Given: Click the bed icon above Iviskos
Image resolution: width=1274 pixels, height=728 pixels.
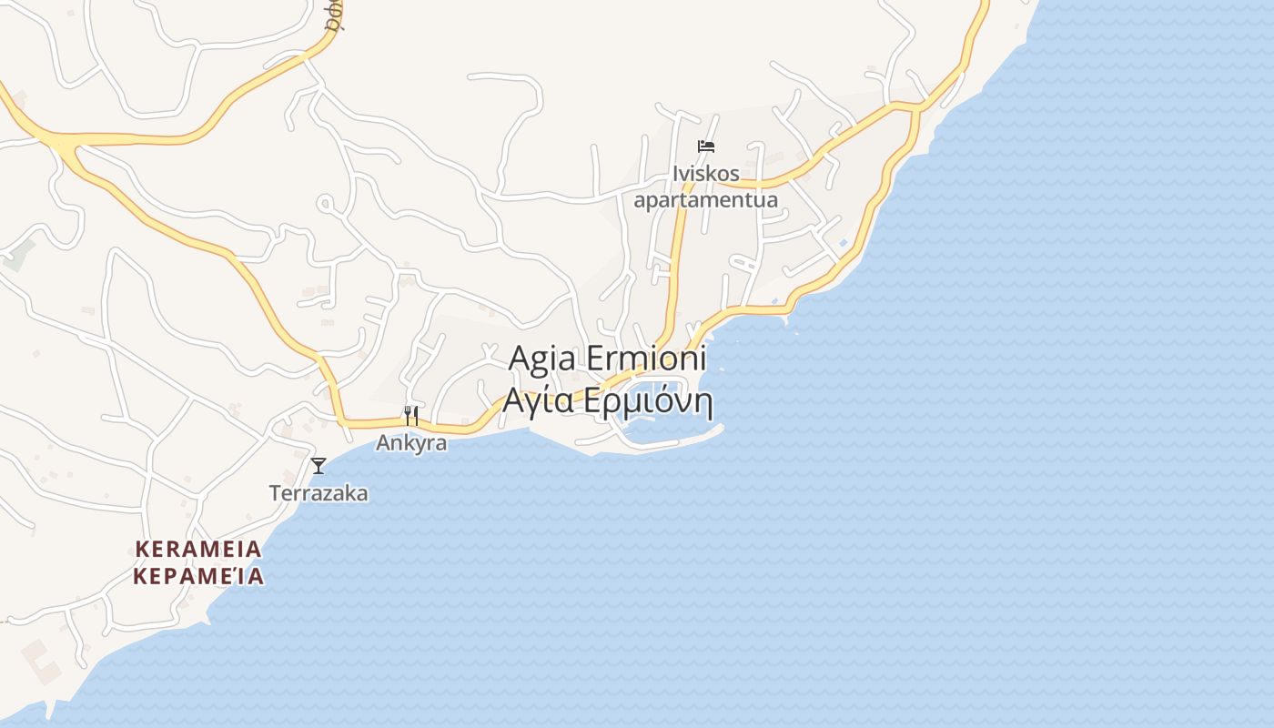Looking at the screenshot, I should [x=706, y=146].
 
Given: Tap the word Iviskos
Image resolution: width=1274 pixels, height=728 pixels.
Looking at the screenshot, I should [x=706, y=173].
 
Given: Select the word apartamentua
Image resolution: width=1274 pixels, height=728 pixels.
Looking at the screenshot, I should [x=706, y=199].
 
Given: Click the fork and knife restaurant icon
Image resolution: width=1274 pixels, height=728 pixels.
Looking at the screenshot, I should [x=411, y=416].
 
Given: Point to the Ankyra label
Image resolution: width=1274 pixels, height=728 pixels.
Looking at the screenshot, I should [x=411, y=443].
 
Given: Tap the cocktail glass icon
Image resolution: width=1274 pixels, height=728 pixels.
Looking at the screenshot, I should [x=318, y=466].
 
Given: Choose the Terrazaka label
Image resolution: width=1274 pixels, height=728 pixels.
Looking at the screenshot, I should [x=318, y=493].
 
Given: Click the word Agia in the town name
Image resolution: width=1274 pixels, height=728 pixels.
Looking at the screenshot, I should [x=541, y=358].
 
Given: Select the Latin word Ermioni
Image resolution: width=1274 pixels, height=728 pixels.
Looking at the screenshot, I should [x=646, y=358].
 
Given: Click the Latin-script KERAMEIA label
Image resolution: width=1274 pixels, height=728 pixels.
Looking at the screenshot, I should [x=198, y=549].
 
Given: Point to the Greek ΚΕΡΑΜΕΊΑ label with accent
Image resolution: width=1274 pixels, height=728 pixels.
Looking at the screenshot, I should [x=198, y=576].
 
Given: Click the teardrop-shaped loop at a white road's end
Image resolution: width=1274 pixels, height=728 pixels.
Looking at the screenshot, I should [x=325, y=204].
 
